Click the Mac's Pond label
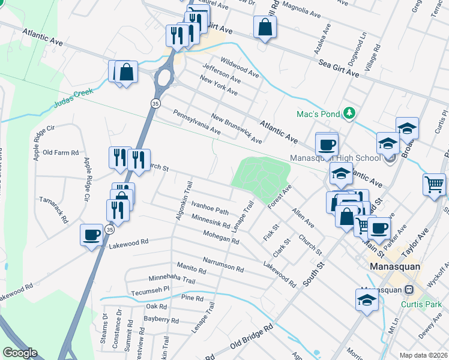(318, 114)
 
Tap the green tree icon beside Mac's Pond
(348, 113)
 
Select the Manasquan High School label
(335, 158)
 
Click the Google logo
(20, 353)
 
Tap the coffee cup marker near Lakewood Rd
(91, 235)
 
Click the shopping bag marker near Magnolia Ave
(264, 27)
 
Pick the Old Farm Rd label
(61, 153)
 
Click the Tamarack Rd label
(54, 207)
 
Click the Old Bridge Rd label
(252, 338)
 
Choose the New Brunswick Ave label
(237, 128)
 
